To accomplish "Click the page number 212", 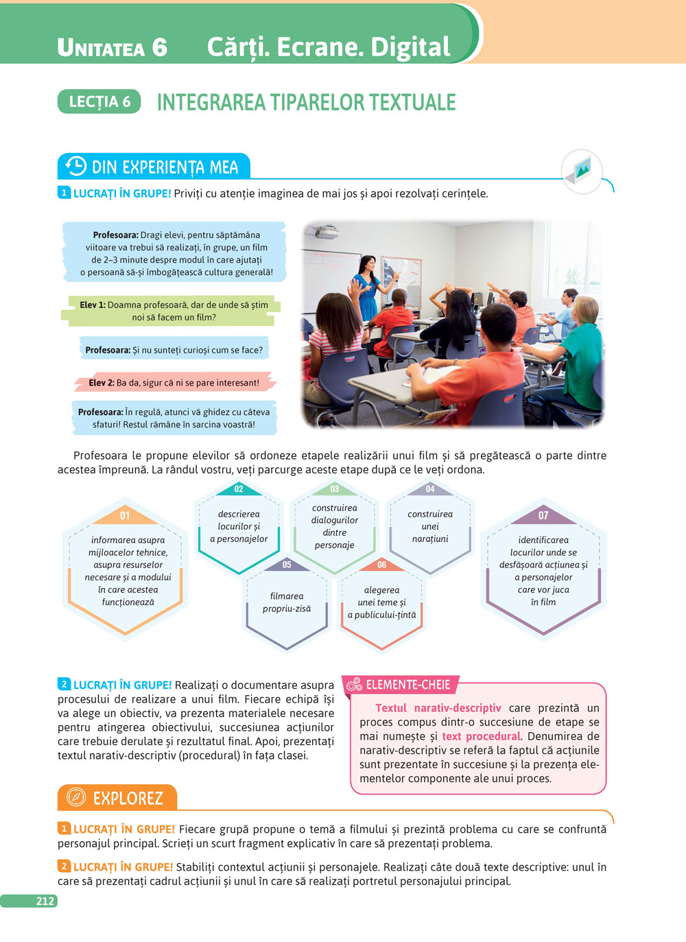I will coord(45,901).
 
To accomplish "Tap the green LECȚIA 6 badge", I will coord(99,102).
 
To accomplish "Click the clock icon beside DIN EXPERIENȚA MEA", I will coord(75,166).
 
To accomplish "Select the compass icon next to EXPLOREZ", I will coord(76,797).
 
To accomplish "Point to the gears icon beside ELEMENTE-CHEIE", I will coord(354,684).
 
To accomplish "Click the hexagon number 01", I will coord(125,515).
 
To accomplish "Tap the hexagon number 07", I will coord(543,515).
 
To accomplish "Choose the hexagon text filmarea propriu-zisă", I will coord(287,602).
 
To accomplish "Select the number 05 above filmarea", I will coord(287,565).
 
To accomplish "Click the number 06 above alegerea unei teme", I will coord(382,565).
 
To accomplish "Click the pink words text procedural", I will coord(482,736).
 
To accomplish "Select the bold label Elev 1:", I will coord(93,305).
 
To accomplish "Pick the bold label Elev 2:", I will coord(102,383).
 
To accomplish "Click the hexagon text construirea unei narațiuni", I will coord(430,526).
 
